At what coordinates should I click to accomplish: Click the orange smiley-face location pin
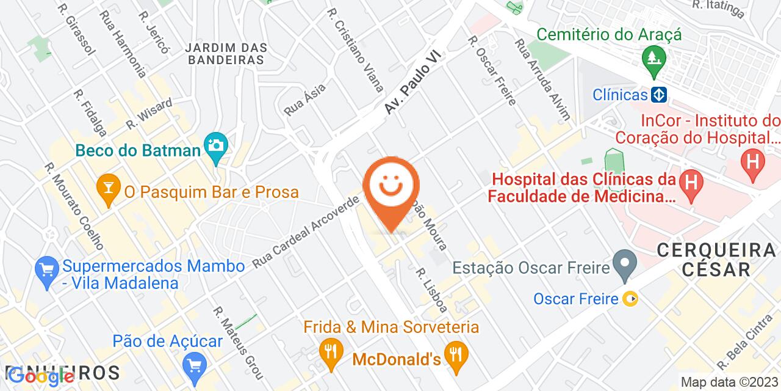pos(391,186)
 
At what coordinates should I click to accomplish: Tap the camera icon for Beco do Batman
pos(215,146)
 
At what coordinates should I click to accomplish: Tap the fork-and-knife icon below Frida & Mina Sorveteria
pos(330,351)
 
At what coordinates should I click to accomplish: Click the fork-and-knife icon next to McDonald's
pos(455,351)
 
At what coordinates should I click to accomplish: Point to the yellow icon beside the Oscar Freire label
pos(630,299)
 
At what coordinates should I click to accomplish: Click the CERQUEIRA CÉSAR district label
pos(716,259)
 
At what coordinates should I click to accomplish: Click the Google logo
pos(41,377)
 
